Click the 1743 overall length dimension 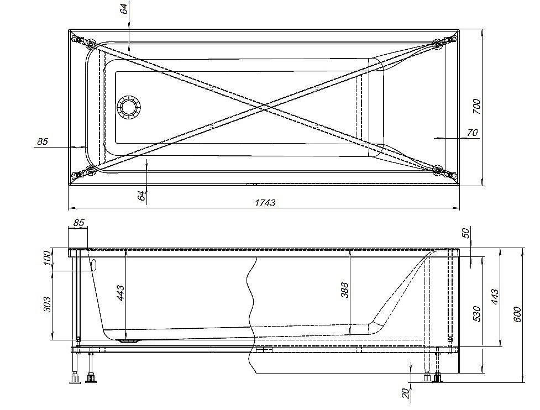click(265, 202)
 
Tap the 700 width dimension click(476, 107)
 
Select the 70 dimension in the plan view click(473, 133)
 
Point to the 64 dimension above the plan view click(124, 8)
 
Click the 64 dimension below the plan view click(141, 195)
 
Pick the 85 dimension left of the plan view click(43, 141)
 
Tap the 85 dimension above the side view click(78, 222)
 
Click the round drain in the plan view click(129, 107)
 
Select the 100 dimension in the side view click(47, 258)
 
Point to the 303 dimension click(47, 304)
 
